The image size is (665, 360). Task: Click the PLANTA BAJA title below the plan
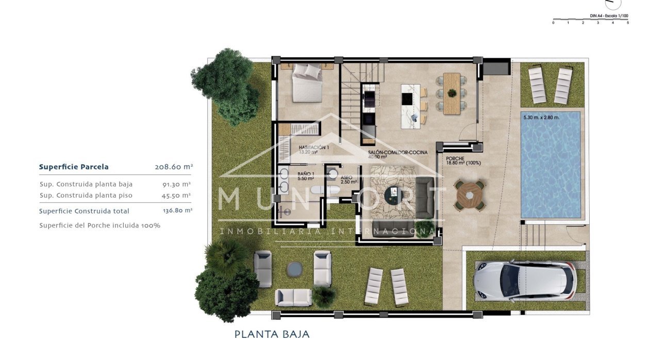pyautogui.click(x=272, y=334)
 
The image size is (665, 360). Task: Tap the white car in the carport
pyautogui.click(x=524, y=281)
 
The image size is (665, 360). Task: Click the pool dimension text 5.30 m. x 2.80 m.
pyautogui.click(x=541, y=118)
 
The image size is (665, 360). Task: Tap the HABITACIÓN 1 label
pyautogui.click(x=313, y=148)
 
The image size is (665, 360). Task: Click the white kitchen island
pyautogui.click(x=411, y=106)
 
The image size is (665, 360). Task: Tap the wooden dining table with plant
pyautogui.click(x=452, y=93)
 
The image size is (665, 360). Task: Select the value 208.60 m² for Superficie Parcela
pyautogui.click(x=174, y=167)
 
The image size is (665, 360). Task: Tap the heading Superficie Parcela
pyautogui.click(x=74, y=167)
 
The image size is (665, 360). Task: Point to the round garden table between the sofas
pyautogui.click(x=294, y=268)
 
